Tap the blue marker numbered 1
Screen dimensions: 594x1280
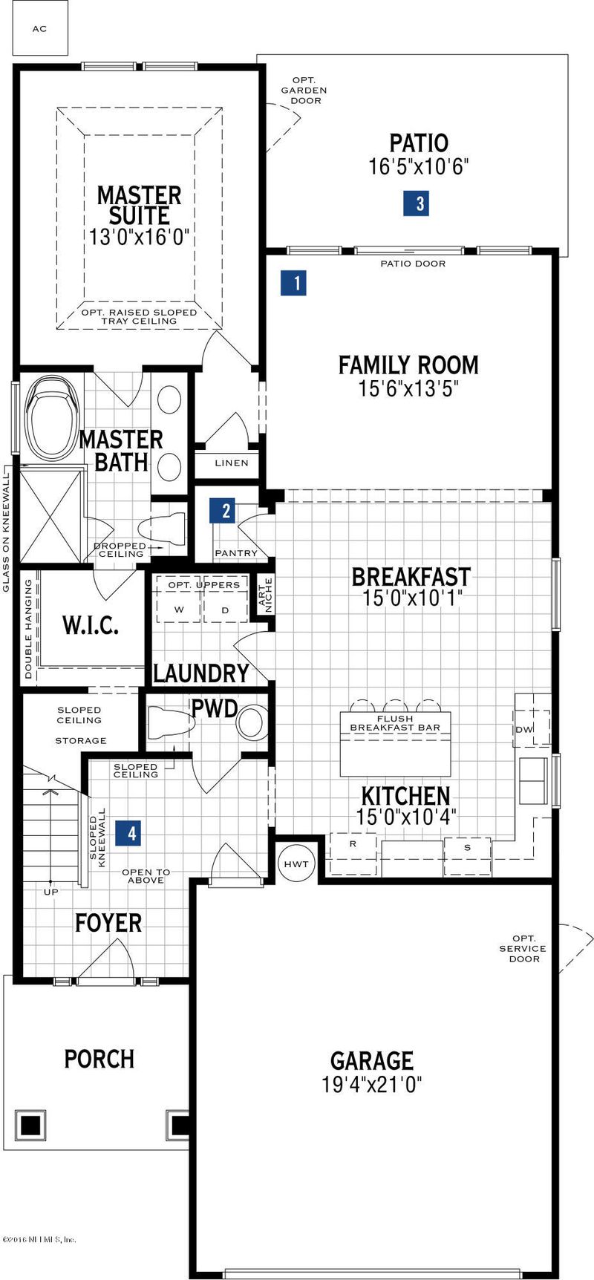[294, 283]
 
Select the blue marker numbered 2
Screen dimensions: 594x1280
[224, 511]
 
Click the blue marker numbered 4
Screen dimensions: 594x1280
[132, 833]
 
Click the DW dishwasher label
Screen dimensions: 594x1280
[524, 729]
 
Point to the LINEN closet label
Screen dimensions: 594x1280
[231, 463]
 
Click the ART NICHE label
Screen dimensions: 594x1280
[264, 595]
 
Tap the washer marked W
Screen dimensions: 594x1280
[178, 609]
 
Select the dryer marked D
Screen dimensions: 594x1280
[225, 609]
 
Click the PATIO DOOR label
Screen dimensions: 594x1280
[413, 264]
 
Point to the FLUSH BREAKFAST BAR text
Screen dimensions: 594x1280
[395, 723]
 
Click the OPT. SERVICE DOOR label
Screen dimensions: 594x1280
[522, 948]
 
